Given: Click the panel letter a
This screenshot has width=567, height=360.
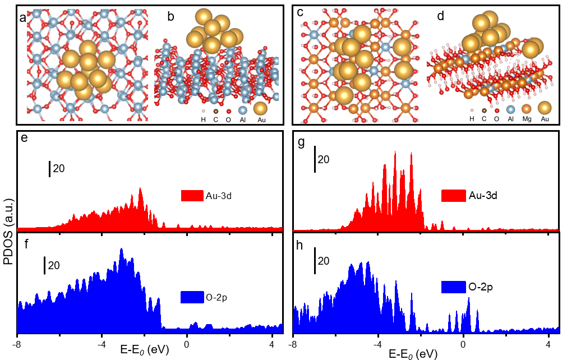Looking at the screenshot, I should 22,17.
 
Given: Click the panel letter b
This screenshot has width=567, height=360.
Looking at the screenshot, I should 171,17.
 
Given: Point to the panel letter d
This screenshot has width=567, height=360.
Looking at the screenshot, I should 440,16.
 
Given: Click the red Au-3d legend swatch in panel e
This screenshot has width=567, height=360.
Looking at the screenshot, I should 191,196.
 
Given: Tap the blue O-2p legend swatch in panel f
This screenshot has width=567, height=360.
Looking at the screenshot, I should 191,297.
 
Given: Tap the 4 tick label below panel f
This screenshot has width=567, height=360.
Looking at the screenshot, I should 272,342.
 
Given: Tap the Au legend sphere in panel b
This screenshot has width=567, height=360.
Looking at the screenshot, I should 260,109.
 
